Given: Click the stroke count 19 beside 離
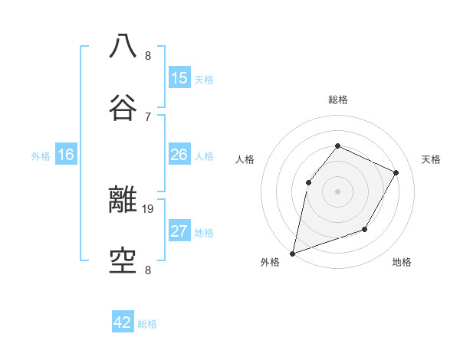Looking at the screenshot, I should coord(148,208).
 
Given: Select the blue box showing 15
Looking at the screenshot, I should coord(179,78).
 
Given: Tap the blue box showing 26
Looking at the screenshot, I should coord(179,155).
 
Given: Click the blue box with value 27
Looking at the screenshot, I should coord(179,231).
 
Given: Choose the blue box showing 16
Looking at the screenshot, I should coord(66,155).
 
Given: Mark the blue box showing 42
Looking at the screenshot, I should coord(123,322).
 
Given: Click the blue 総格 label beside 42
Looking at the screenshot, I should coord(148,324).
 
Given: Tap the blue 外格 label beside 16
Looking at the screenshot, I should coord(41,156).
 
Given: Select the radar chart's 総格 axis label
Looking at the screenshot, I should coord(338,100).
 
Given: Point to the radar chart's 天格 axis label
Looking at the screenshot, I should coord(432,159).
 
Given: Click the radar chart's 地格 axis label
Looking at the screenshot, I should coord(402,262).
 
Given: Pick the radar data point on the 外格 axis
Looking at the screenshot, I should coord(292,254).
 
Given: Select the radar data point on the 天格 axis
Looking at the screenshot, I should coord(396,172).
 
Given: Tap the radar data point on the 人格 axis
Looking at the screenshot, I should coord(308,182).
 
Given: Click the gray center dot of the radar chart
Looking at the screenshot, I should coord(337,191).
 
